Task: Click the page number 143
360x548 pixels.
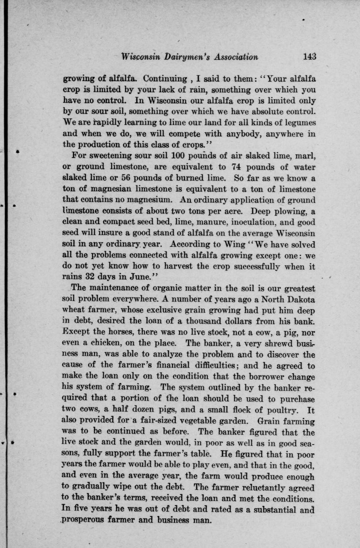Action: point(308,56)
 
